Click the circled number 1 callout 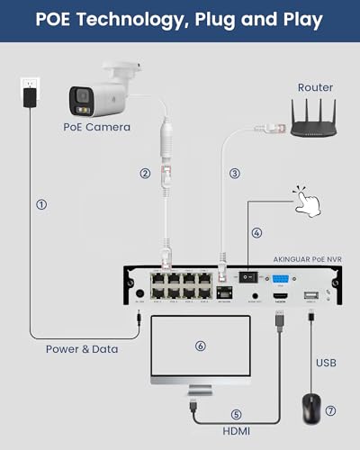coord(40,204)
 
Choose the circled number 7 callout coord(330,411)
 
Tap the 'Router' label coord(315,87)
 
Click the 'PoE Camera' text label coord(96,127)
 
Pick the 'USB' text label coord(326,364)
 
